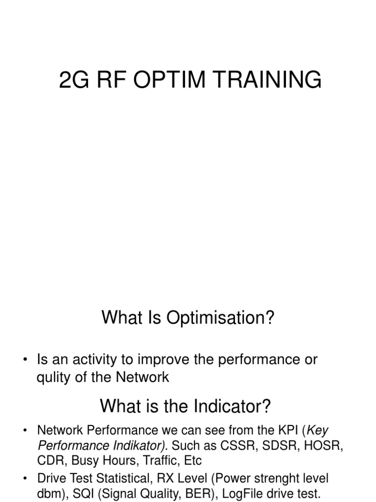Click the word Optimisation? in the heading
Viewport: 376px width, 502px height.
[x=220, y=318]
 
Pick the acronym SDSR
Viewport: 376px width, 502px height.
[x=279, y=446]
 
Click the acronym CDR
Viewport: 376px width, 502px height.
[x=48, y=461]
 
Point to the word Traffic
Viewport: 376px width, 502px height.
[x=159, y=461]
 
